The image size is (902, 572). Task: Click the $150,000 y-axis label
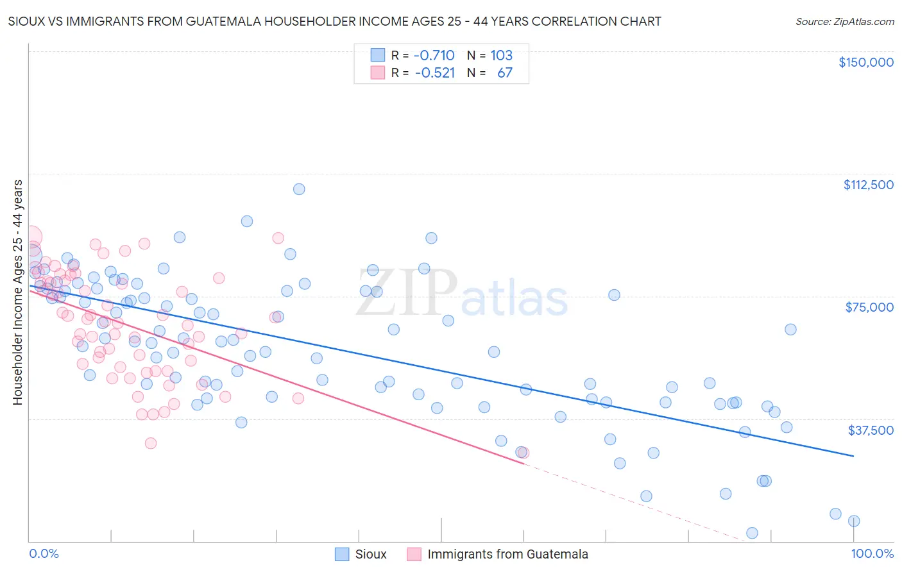865,62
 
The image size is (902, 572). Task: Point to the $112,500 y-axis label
868,185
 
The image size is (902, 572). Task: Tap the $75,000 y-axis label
869,307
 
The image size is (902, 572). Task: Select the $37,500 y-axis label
871,430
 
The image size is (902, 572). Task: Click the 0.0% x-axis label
44,553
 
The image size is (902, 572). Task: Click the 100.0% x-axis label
872,553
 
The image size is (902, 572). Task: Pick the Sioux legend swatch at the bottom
343,554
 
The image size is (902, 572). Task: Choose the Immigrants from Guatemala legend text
507,554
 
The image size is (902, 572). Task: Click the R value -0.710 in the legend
434,56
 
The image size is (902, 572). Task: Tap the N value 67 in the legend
505,73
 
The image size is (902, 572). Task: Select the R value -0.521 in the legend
434,73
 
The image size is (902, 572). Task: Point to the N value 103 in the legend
501,56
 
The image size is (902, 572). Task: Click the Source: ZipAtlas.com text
844,22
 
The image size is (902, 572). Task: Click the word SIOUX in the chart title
26,22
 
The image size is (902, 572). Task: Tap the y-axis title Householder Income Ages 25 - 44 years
17,292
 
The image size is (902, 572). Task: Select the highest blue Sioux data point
299,189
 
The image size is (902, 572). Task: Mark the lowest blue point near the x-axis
753,533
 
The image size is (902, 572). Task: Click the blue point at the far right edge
854,521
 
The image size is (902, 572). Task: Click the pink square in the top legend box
378,73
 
